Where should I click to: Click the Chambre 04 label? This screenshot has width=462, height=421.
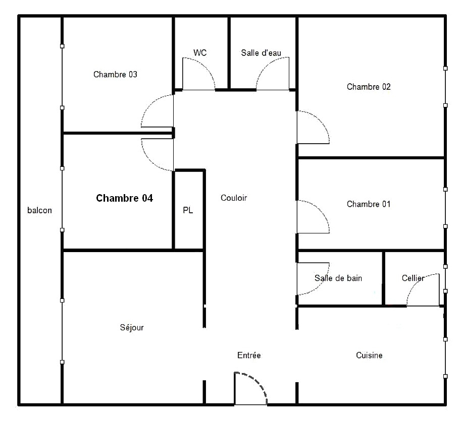tap(124, 198)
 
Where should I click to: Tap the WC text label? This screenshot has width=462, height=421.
tap(200, 52)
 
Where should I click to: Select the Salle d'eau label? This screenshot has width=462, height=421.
tap(261, 52)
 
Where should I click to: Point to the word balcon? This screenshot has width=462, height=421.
tap(39, 210)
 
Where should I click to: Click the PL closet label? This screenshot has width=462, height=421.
tap(188, 210)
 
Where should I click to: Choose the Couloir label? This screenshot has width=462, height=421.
tap(234, 198)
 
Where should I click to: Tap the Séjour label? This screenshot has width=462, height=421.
tap(132, 327)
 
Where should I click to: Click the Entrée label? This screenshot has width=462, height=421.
tap(249, 355)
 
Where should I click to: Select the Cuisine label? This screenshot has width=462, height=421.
tap(369, 355)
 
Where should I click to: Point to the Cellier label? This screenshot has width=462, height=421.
tap(413, 278)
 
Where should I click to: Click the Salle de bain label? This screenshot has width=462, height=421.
tap(338, 278)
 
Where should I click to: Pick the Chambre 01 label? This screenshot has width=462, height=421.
tap(369, 204)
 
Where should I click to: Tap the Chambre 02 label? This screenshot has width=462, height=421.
tap(369, 87)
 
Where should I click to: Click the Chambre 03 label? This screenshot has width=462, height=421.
tap(115, 75)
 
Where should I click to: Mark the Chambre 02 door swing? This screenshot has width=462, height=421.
tap(320, 121)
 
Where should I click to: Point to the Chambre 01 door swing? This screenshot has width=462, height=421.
tap(320, 210)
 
